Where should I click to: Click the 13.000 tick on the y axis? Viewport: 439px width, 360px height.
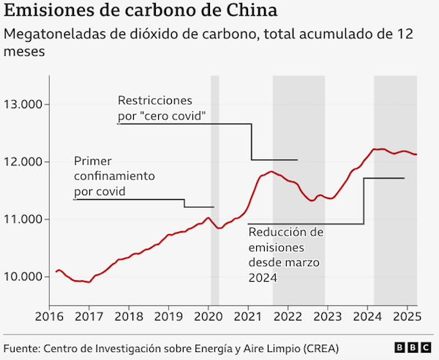[24, 105]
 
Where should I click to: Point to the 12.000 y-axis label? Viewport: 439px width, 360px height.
[24, 162]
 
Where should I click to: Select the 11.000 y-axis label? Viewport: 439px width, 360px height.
[24, 220]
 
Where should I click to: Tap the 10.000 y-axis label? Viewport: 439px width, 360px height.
[24, 277]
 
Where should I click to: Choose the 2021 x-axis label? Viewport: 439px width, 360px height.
[247, 318]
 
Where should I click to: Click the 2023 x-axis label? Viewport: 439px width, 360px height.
[326, 318]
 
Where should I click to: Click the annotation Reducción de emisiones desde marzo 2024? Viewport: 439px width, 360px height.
[285, 255]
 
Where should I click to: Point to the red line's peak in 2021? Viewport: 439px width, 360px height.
[271, 172]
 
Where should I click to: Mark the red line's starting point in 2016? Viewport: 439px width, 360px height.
[56, 272]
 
